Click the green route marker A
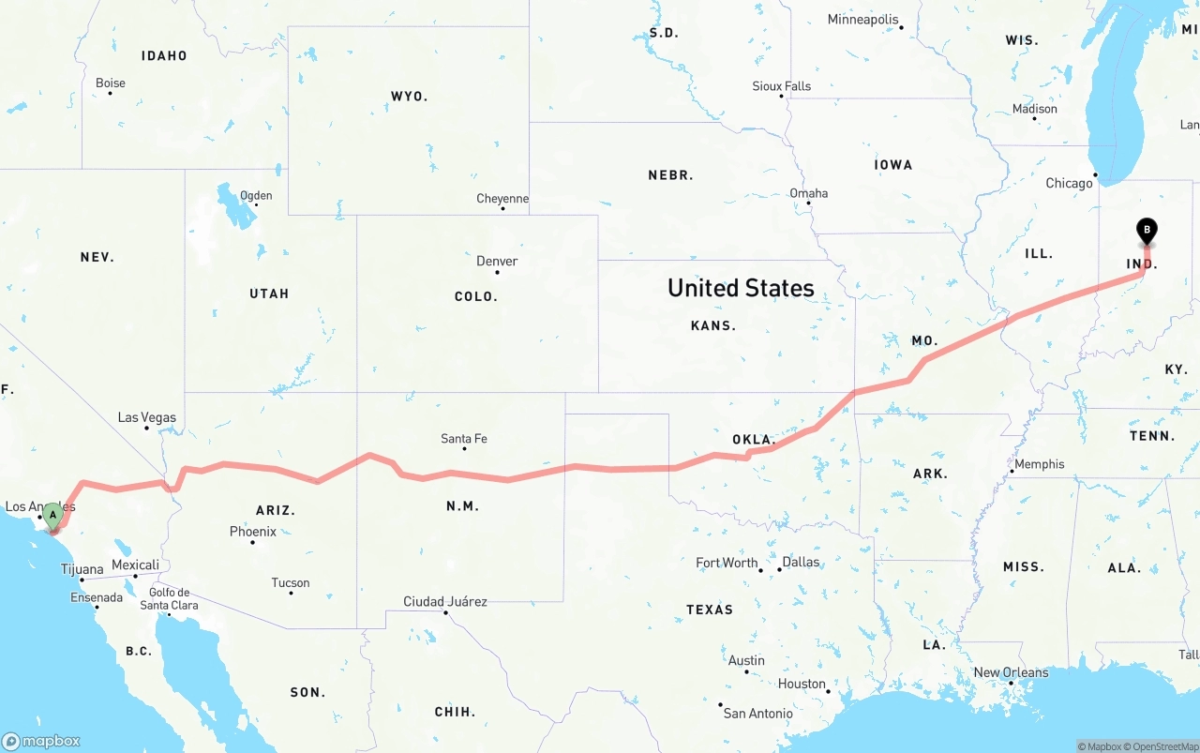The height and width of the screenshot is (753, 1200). [53, 515]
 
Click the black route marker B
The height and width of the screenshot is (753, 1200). [1146, 230]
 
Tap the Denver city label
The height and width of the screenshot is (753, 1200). [497, 261]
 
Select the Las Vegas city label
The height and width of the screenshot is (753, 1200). [146, 417]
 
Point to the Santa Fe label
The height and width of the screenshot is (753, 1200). [464, 438]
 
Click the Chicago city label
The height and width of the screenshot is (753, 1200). [1069, 183]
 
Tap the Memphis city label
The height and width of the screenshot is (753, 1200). [1039, 464]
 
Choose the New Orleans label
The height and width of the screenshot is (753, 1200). [1011, 672]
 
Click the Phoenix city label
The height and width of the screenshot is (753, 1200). [253, 532]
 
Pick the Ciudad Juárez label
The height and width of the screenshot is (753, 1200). [445, 601]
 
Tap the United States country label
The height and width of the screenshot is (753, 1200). [741, 288]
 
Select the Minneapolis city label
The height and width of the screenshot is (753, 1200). [862, 20]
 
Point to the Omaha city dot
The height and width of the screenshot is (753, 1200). [808, 203]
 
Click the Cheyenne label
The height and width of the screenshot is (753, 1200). [502, 199]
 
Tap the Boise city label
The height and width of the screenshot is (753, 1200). [111, 83]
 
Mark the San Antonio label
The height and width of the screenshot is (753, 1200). [757, 714]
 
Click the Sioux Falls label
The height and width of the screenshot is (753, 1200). [781, 86]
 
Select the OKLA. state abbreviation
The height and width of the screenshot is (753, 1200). [754, 440]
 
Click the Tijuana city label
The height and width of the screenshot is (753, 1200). [82, 569]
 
